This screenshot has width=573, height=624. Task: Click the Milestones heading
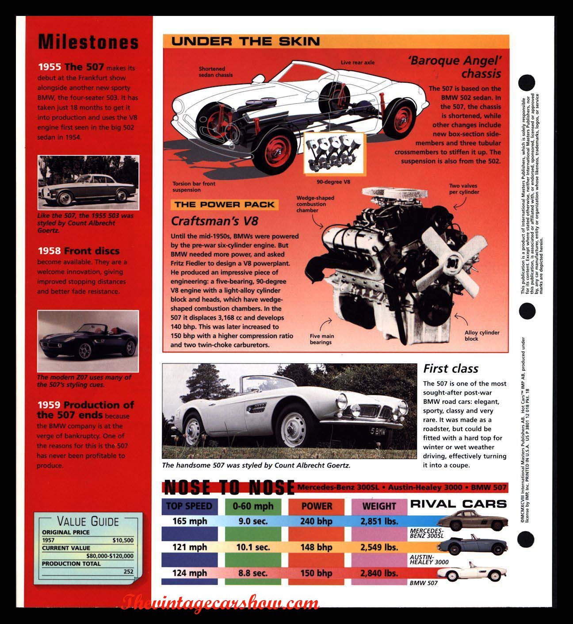click(88, 42)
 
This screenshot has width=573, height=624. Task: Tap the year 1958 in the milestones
click(49, 251)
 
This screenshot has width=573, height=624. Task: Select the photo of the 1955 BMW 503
click(88, 182)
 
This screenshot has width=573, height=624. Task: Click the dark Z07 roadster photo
click(88, 341)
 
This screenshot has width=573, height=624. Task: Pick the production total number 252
click(128, 571)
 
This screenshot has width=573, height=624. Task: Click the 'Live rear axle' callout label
click(357, 62)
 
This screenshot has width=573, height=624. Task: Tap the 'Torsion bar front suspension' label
click(194, 187)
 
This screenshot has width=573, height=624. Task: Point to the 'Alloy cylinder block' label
click(481, 336)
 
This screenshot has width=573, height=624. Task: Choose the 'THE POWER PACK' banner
click(224, 204)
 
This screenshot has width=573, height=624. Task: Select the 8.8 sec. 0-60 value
click(252, 573)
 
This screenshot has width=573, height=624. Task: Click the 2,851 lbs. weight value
click(379, 521)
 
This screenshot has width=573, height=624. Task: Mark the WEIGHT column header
click(379, 506)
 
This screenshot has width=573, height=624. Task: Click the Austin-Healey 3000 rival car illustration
click(470, 545)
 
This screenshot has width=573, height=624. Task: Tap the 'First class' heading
click(451, 368)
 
